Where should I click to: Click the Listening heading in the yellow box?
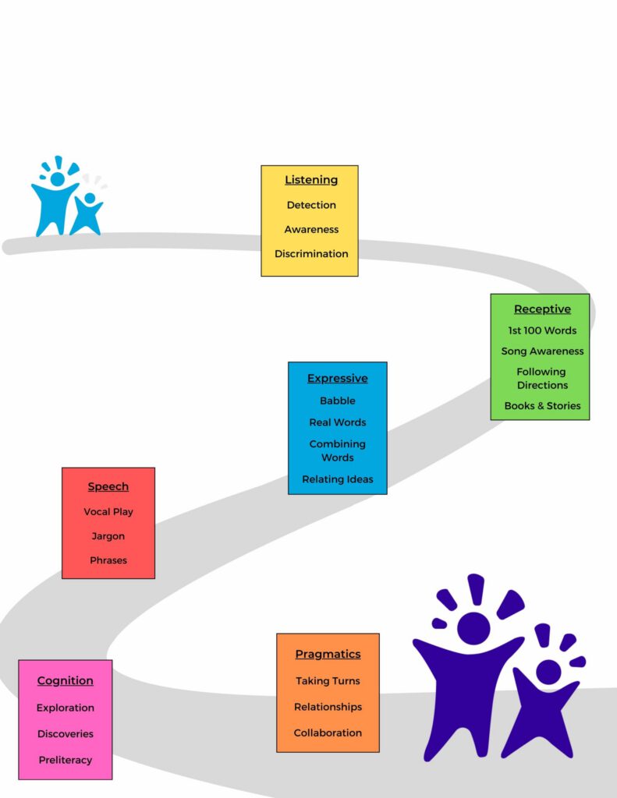click(x=311, y=180)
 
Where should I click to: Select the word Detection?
click(x=311, y=205)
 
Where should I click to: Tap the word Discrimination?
click(x=311, y=253)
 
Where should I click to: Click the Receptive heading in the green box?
click(x=542, y=309)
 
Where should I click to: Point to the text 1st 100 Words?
click(x=542, y=330)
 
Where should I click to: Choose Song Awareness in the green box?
click(x=542, y=351)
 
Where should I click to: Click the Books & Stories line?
click(x=542, y=406)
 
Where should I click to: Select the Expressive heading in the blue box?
click(x=337, y=379)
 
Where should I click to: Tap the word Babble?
click(x=337, y=401)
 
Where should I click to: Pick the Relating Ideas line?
click(x=337, y=479)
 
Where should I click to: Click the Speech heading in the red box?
click(x=108, y=487)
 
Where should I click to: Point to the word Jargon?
click(x=108, y=536)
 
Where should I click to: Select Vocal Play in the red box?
click(x=108, y=512)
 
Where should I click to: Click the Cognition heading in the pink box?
click(x=66, y=681)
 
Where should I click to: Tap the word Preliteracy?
click(x=66, y=760)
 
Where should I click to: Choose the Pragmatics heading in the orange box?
click(x=328, y=655)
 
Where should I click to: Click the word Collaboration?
click(x=328, y=733)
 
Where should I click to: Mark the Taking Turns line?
click(x=328, y=681)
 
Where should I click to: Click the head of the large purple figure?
click(x=473, y=628)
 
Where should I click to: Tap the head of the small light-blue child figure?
click(x=90, y=198)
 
